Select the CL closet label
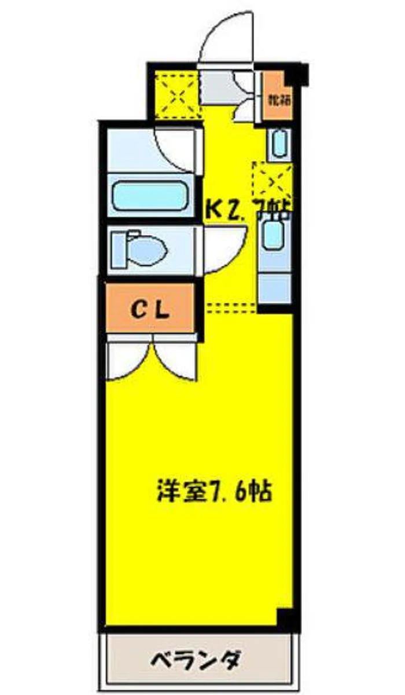(x=149, y=310)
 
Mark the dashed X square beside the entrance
(x=176, y=94)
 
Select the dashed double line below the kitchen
(x=231, y=307)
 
